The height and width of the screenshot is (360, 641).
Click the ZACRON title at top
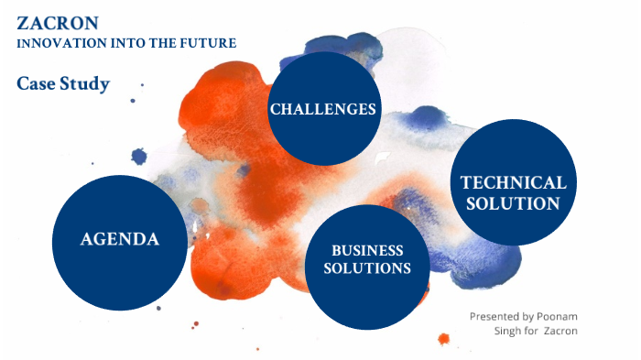coord(46,23)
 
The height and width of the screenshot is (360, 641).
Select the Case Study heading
coord(63,84)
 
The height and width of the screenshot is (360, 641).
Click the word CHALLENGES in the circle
coord(323,109)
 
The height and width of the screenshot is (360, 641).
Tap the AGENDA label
coord(120,239)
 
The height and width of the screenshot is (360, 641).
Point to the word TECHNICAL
coord(513,182)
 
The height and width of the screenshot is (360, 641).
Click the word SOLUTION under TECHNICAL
coord(513,203)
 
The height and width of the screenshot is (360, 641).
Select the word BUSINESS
coord(367,250)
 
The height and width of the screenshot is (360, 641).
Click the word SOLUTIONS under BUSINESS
coord(367,268)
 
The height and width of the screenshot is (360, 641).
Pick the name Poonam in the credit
coord(558,316)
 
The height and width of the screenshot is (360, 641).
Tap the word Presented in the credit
coord(495,316)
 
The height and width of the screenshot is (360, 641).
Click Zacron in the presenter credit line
coord(560,330)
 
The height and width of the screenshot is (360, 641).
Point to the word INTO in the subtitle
coord(118,43)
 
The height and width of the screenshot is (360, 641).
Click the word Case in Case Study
coord(35,84)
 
